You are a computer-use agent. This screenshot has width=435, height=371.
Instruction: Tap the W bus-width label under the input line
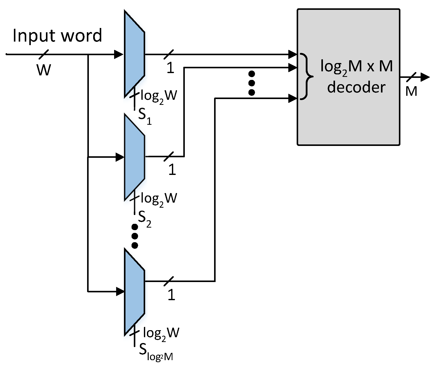[x=44, y=70]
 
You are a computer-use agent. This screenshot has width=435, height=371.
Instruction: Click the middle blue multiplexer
[x=134, y=157]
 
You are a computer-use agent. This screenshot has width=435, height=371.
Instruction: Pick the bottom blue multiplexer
[x=134, y=292]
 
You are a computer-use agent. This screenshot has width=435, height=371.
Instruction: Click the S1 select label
[x=145, y=116]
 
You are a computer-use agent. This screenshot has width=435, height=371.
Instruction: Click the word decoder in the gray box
[x=356, y=87]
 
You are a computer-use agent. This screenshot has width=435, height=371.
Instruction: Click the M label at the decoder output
[x=411, y=91]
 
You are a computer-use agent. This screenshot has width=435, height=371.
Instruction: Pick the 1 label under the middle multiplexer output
[x=172, y=169]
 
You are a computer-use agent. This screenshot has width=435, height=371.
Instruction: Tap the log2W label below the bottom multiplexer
[x=161, y=333]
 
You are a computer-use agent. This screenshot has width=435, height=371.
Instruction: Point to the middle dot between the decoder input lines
[x=251, y=83]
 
